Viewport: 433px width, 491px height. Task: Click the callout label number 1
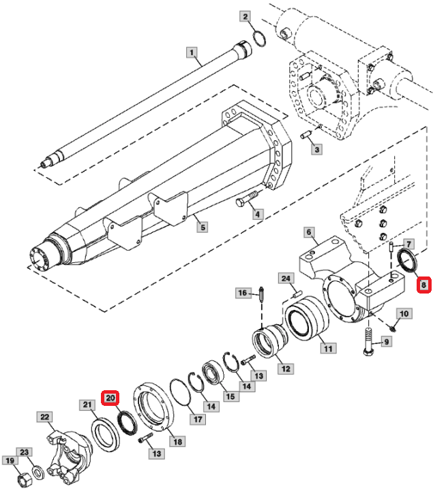pos(192,52)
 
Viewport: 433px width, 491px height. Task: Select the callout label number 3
pos(316,149)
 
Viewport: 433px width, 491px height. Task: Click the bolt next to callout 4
pos(247,199)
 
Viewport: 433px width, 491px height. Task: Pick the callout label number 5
pos(203,227)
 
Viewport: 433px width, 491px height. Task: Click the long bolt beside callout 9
pos(369,341)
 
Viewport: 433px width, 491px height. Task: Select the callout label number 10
pos(404,313)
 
